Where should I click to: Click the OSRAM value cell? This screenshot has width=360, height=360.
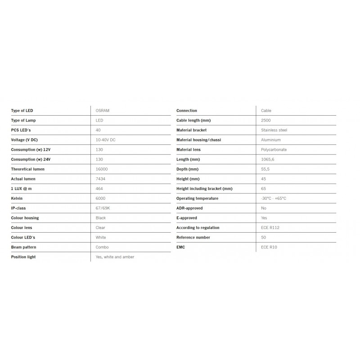[102, 111]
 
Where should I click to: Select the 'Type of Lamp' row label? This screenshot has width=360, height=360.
[23, 121]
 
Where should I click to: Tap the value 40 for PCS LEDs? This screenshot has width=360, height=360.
[99, 130]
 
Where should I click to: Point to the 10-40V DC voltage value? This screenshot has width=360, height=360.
[105, 140]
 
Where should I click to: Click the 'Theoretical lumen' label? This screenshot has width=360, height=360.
[28, 169]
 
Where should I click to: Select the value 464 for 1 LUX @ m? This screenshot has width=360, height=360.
[100, 189]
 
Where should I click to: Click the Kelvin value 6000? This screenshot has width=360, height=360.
[101, 198]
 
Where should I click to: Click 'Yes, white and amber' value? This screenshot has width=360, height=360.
[115, 257]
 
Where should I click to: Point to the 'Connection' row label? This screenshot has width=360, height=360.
[187, 111]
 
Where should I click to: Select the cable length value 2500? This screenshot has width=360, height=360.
[266, 121]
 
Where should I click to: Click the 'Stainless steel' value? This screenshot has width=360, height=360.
[274, 130]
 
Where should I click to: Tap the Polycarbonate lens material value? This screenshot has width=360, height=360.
[274, 150]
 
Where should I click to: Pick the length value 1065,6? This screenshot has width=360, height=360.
[268, 159]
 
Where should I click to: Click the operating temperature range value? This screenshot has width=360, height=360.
[274, 198]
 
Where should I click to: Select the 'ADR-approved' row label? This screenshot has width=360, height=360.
[189, 208]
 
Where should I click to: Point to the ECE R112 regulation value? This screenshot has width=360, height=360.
[270, 228]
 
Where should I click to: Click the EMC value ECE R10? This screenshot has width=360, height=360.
[269, 247]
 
